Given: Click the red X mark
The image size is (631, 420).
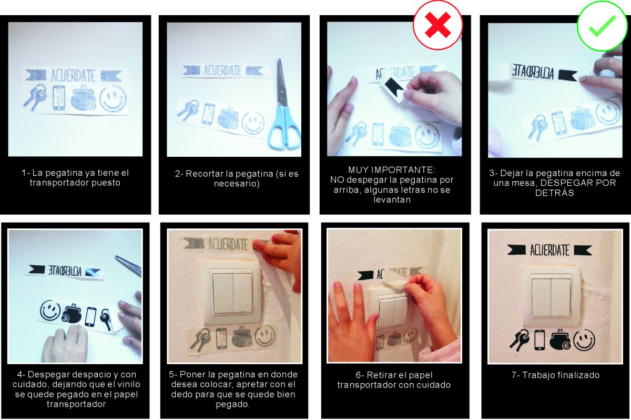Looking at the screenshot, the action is tap(437, 25).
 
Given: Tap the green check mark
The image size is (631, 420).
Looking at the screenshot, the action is tap(602, 26).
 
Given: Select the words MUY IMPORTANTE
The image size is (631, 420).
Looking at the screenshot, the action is tap(392, 170).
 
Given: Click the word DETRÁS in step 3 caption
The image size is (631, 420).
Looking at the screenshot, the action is tap(554, 193).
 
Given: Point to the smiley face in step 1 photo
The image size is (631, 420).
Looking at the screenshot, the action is tap(113, 98).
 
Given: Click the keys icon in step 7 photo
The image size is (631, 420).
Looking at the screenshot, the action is tap(520, 339).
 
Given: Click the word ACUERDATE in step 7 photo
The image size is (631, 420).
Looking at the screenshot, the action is tap(549, 250).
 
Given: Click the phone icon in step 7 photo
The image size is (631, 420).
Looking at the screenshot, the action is tap(540, 339).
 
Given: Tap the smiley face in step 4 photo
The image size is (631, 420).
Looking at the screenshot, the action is tap(50, 310).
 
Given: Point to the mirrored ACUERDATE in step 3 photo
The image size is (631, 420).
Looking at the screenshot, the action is tap(532, 72).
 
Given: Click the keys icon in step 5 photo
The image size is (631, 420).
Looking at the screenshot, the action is tap(200, 339).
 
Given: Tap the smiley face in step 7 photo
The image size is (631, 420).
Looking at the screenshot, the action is tap(585, 340).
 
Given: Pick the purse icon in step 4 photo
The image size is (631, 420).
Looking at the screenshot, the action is tap(72, 315).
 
